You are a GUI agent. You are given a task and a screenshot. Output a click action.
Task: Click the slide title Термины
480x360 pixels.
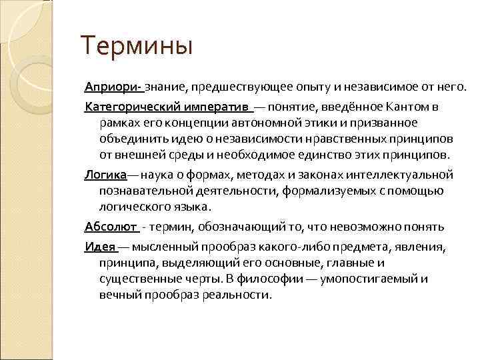pos(136,47)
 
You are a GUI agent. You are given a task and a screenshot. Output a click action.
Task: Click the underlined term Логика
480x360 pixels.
pos(104,175)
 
